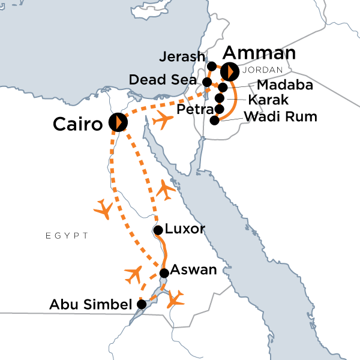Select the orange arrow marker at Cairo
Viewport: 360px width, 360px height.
pos(118,122)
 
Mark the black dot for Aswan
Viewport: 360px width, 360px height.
pos(164,273)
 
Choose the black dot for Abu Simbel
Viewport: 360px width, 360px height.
pos(141,304)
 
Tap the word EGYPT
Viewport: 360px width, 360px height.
pos(67,236)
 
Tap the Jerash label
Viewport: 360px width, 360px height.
pos(184,58)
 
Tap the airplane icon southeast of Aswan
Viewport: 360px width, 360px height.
pos(176,298)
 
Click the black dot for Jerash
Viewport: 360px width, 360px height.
pos(211,65)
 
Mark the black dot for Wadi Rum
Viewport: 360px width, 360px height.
pos(215,120)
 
